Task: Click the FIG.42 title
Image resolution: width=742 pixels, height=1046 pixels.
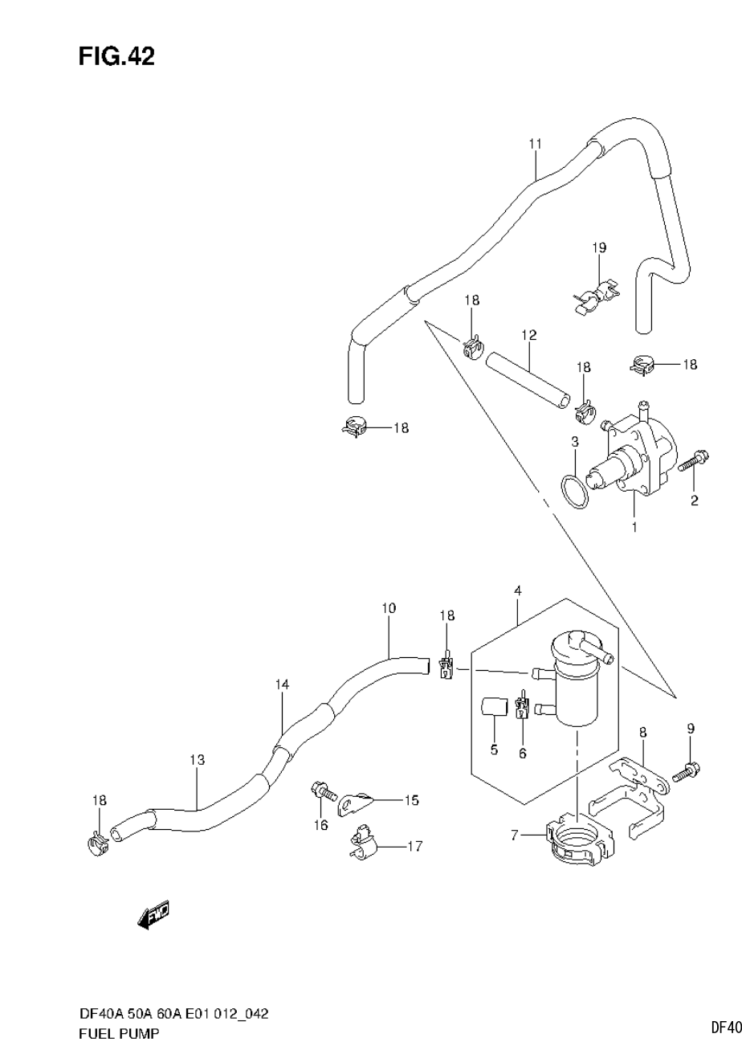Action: point(116,55)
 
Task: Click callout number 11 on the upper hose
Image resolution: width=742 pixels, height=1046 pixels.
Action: point(536,144)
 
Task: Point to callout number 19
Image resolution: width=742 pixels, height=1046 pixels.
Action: point(600,247)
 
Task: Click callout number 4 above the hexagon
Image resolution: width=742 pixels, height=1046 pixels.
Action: point(519,590)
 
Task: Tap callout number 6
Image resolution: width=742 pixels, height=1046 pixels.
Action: point(522,753)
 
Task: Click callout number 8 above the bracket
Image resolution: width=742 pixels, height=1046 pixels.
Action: point(643,732)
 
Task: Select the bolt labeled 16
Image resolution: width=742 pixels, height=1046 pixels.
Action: point(323,791)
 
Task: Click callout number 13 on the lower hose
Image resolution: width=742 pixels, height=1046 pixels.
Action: point(198,759)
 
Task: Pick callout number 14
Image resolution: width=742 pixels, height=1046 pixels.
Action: point(282,684)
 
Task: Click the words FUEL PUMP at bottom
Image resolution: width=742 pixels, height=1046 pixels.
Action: point(120,1032)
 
